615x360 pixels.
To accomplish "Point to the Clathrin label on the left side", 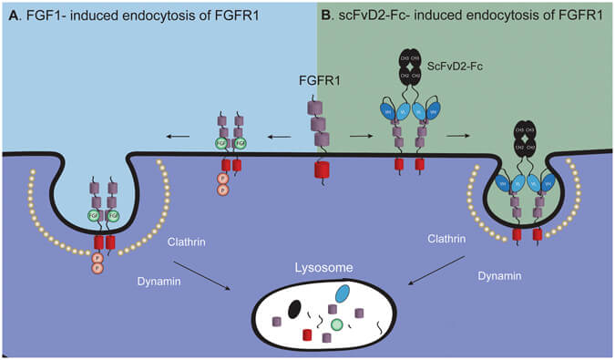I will click(x=187, y=242).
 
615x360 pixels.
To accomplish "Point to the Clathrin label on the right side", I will click(x=447, y=239).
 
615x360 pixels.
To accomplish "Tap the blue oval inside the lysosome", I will click(x=343, y=295).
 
